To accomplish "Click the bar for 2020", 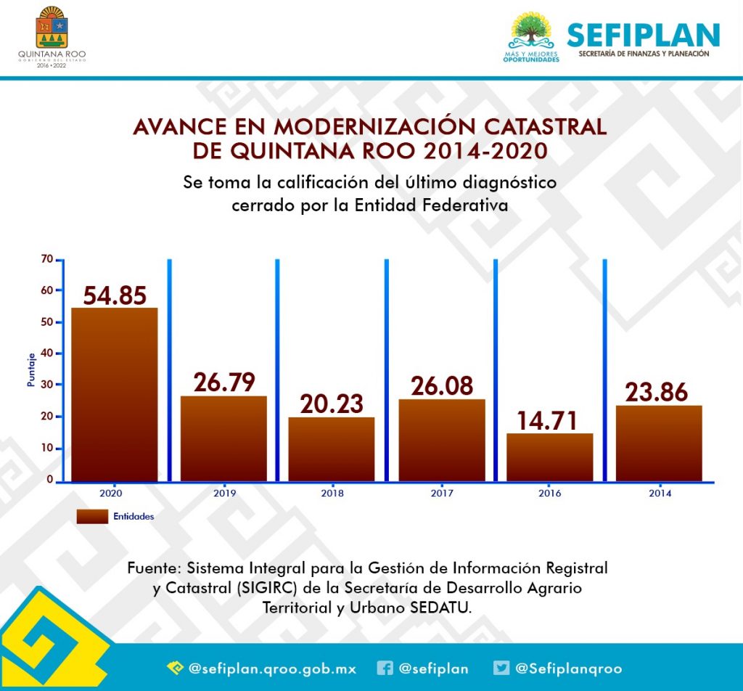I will (x=114, y=394).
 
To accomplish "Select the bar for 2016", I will (x=550, y=457).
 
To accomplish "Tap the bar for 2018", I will (x=332, y=449).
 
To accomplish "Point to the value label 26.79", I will (x=223, y=383).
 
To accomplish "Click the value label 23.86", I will (x=659, y=392).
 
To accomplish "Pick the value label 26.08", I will (x=442, y=385).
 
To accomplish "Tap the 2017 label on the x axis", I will (x=442, y=494).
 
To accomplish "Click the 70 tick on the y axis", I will (x=47, y=259).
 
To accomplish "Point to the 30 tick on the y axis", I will (x=47, y=384).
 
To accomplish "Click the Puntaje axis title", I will (x=31, y=369).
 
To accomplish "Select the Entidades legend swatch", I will (x=91, y=517).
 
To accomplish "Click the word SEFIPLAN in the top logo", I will (x=643, y=35).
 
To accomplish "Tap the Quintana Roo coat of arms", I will (x=50, y=28).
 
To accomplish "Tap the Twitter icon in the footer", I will (x=501, y=668).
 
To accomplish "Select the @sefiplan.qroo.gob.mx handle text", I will (x=272, y=668).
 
